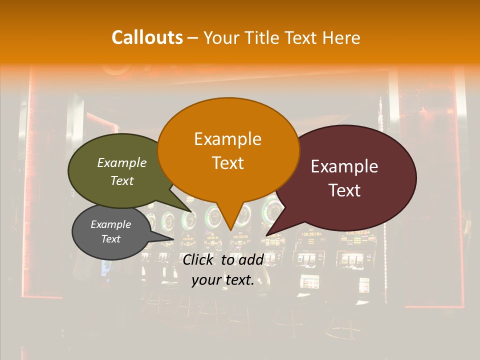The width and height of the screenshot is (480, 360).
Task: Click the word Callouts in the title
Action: [x=147, y=38]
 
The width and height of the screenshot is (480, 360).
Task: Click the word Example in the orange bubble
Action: [x=228, y=139]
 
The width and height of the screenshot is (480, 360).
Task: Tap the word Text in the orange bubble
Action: [x=228, y=163]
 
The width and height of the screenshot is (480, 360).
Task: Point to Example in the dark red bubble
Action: [x=344, y=166]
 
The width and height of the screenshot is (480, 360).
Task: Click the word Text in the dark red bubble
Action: [x=344, y=190]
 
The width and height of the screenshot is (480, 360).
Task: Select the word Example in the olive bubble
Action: [x=122, y=163]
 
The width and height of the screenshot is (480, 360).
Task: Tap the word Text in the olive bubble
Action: [x=122, y=181]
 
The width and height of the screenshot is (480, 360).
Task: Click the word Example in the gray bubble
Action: [x=111, y=224]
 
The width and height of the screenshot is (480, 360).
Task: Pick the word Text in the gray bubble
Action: [x=111, y=239]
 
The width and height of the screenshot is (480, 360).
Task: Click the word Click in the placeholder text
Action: [x=199, y=259]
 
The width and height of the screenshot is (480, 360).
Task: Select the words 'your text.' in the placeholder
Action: [x=222, y=280]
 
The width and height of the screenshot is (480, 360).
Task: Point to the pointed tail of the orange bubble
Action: [x=230, y=225]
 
